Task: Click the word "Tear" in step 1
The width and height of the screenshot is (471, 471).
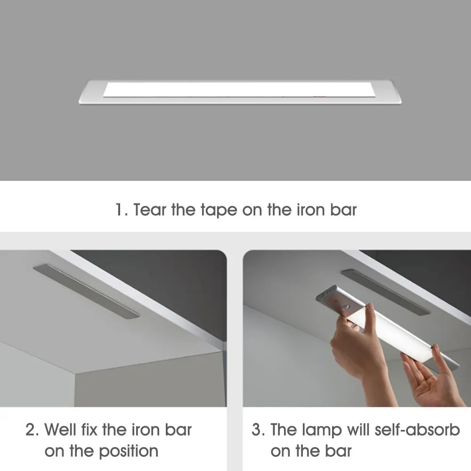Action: (149, 210)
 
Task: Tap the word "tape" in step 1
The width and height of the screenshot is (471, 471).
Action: (219, 210)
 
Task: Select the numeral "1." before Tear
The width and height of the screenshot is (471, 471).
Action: (122, 210)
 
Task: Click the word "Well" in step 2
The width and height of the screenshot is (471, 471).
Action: (60, 430)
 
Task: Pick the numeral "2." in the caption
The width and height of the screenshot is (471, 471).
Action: (32, 430)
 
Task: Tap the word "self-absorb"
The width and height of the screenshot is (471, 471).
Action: (417, 430)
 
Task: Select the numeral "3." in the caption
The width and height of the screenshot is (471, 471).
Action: (258, 430)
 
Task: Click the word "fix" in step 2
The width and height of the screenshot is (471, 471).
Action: (89, 430)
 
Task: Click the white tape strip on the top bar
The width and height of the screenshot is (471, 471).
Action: (239, 89)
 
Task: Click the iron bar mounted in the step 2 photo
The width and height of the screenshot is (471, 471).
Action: (86, 291)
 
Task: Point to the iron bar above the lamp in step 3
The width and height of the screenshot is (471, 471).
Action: (385, 292)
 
